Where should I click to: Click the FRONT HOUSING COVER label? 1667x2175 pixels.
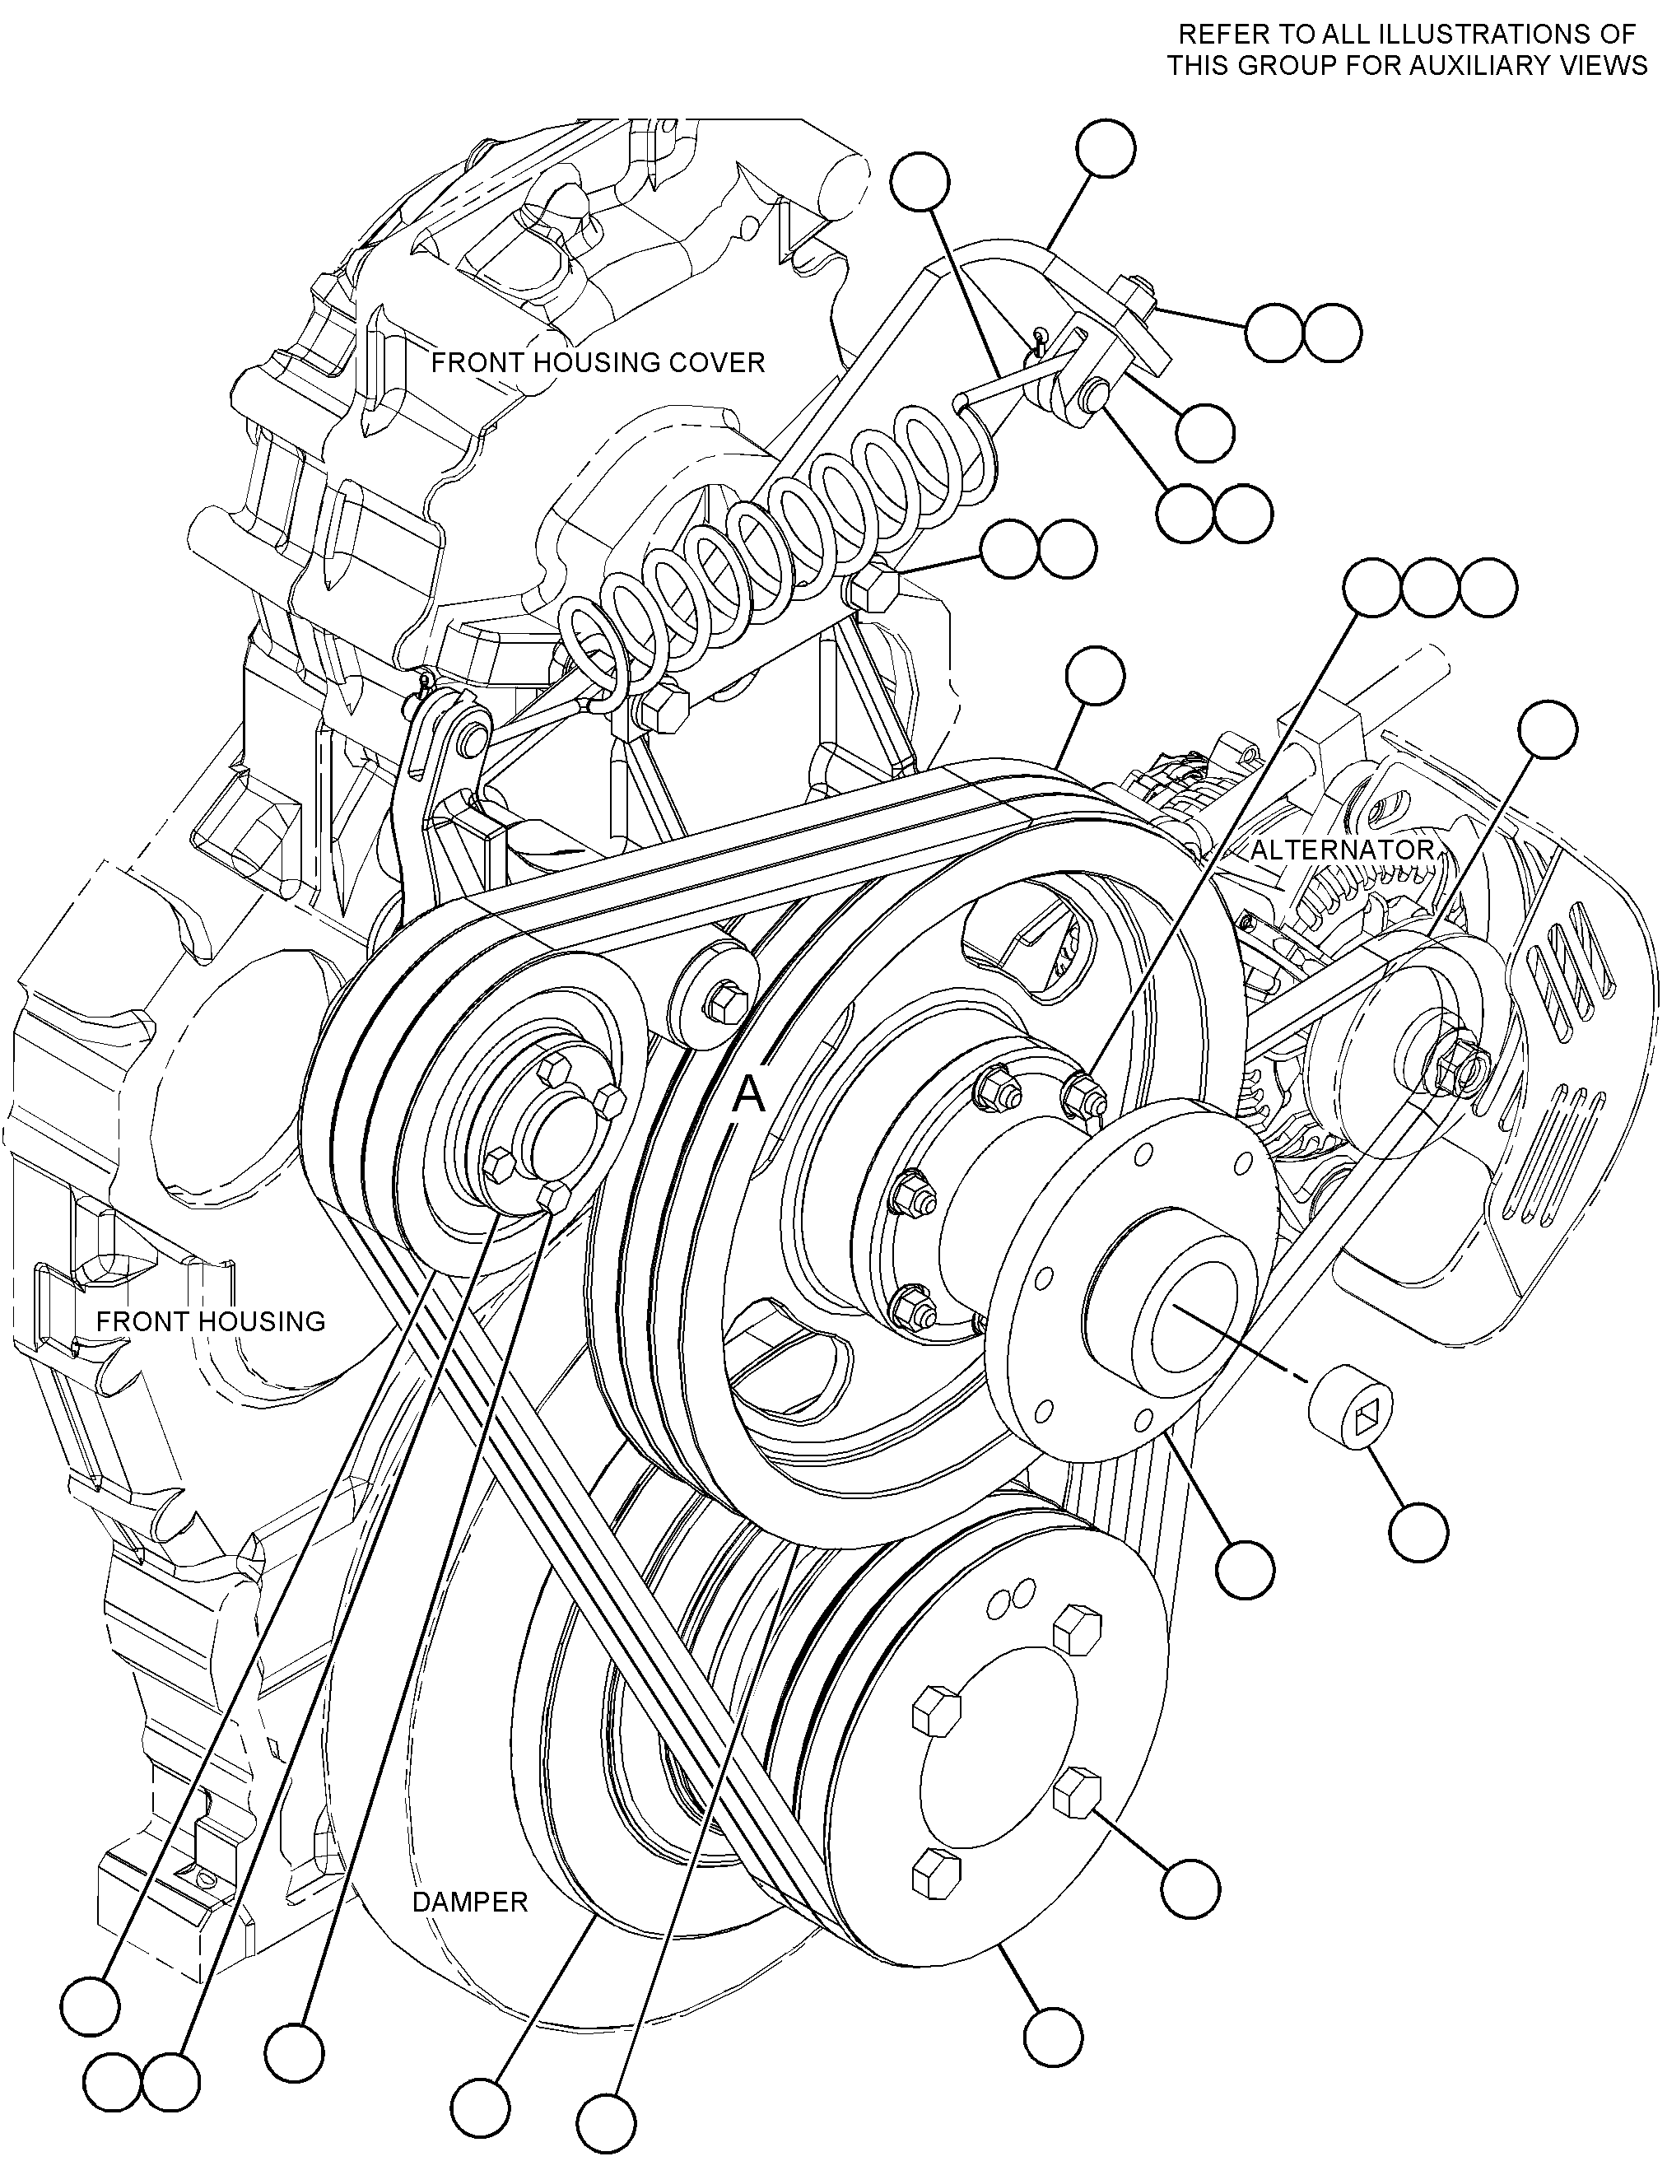[x=598, y=362]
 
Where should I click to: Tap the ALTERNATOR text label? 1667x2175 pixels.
[x=1342, y=850]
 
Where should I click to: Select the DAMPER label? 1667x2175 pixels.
[x=470, y=1903]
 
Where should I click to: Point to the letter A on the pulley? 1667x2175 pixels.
[x=750, y=1096]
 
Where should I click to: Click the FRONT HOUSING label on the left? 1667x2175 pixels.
[x=211, y=1320]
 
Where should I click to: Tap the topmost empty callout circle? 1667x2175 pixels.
[x=1106, y=149]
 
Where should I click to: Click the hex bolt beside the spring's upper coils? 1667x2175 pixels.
[x=873, y=588]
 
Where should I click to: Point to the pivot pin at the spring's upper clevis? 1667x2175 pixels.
[x=1095, y=394]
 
